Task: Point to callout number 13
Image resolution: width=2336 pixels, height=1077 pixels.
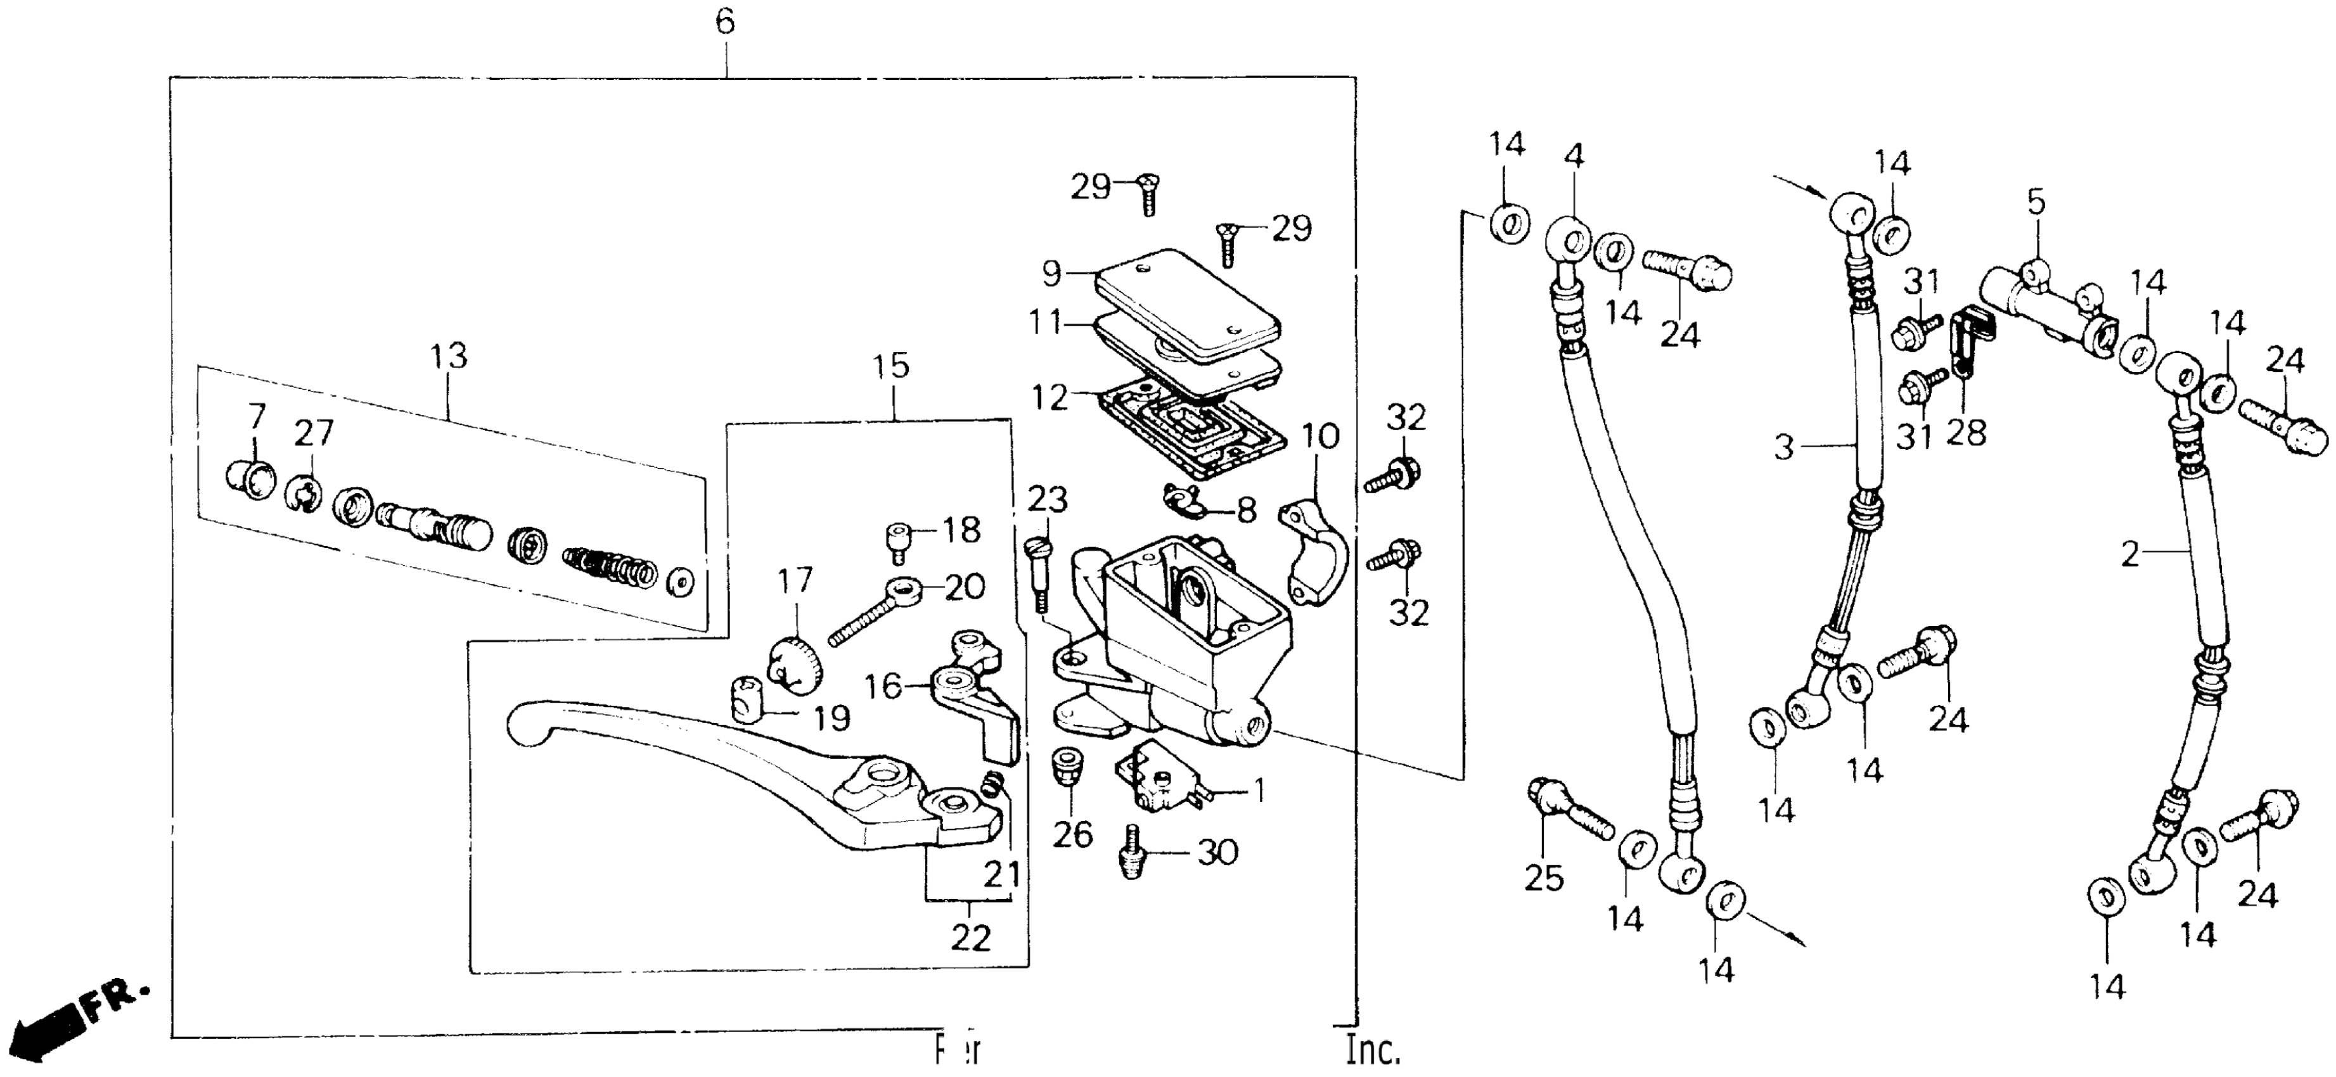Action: click(x=449, y=355)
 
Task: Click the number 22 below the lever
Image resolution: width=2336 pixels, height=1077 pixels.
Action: click(x=970, y=938)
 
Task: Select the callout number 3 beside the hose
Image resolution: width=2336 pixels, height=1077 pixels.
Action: click(x=1784, y=447)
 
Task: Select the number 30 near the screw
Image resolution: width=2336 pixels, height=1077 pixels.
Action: click(x=1217, y=851)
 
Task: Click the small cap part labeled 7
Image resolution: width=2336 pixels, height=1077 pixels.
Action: click(x=248, y=477)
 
